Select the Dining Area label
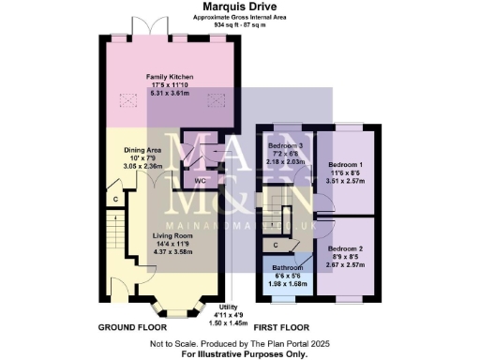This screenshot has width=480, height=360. [x=143, y=150]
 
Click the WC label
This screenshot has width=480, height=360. [x=200, y=180]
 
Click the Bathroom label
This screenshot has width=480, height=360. [x=280, y=267]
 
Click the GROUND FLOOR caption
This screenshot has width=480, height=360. [x=132, y=328]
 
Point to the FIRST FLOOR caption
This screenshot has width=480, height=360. [x=283, y=328]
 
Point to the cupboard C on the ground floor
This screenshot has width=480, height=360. [x=115, y=200]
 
